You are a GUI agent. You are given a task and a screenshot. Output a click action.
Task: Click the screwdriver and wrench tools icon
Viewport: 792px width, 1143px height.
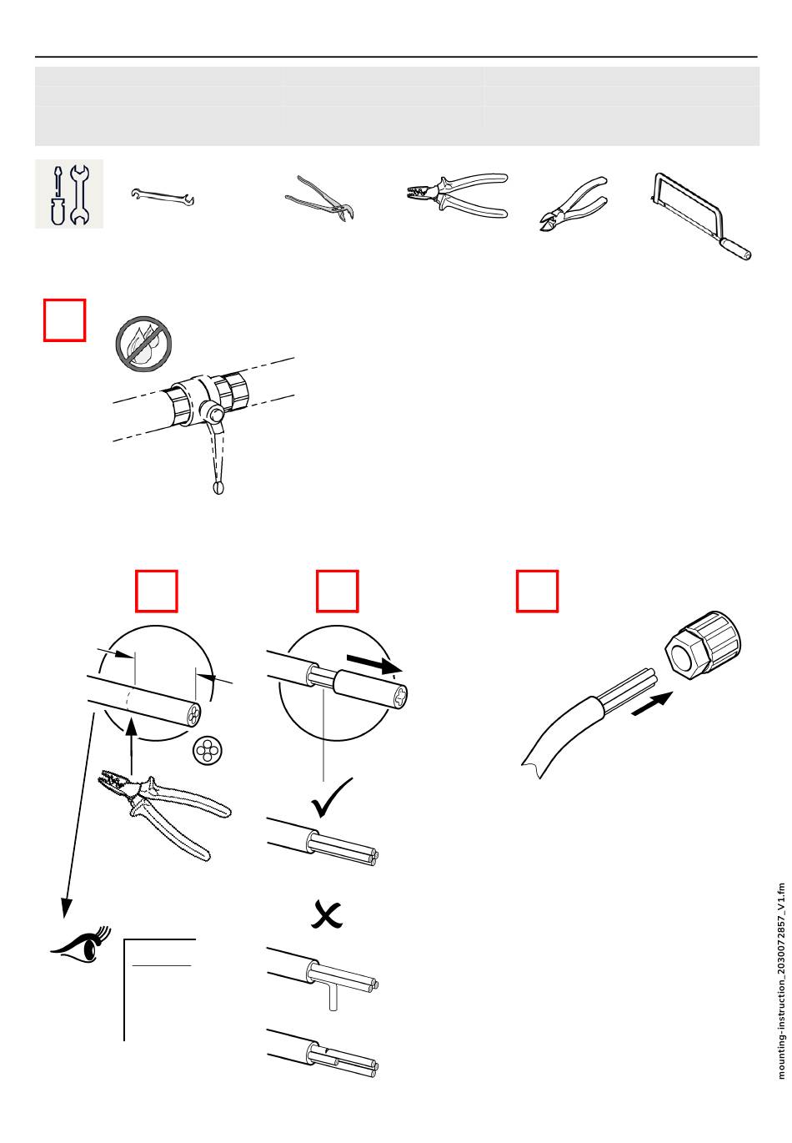point(69,194)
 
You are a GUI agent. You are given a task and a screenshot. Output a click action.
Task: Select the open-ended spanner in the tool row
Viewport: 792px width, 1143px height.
point(163,196)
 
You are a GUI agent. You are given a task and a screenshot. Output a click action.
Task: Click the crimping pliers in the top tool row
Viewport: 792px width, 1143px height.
point(457,195)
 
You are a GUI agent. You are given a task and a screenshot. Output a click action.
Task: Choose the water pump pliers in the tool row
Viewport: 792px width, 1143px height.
point(319,198)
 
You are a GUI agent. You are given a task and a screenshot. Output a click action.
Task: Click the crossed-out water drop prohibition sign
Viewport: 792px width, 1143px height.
point(143,344)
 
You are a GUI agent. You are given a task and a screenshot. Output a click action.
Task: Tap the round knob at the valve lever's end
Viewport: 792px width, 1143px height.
point(218,487)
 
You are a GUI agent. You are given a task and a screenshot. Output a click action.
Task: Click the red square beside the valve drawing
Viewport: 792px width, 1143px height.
point(65,320)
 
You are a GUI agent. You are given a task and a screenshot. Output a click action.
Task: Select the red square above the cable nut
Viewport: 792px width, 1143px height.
point(537,591)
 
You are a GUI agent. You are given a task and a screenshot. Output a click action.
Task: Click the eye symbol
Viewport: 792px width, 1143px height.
point(82,944)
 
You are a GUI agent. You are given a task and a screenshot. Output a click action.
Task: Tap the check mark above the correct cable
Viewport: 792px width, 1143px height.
point(332,798)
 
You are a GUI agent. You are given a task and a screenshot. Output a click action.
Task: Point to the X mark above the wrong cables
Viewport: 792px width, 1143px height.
point(327,915)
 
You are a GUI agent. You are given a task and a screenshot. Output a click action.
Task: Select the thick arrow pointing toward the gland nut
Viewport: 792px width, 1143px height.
point(652,703)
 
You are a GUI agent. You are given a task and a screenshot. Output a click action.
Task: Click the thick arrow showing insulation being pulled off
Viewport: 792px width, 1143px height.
point(375,664)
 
